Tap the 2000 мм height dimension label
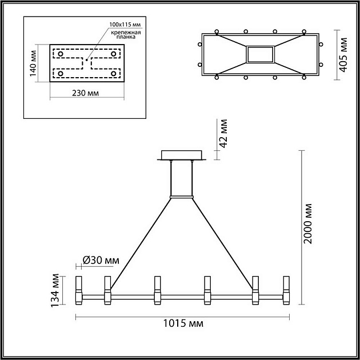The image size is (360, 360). point(309,223)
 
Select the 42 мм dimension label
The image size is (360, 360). point(223,134)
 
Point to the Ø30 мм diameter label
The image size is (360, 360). point(101,261)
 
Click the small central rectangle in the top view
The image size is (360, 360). point(260,54)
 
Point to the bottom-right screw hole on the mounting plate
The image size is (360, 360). point(114,74)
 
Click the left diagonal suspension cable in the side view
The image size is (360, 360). point(141,240)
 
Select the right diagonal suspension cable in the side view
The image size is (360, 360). point(224,240)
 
